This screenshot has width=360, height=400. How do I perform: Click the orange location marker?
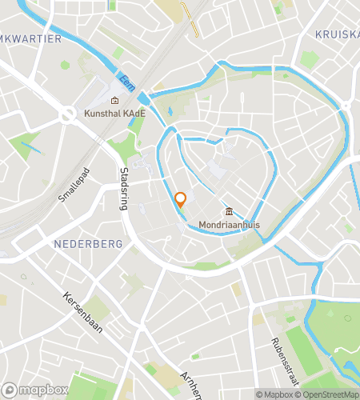(181, 200)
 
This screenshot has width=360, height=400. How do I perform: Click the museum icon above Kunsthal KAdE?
(115, 101)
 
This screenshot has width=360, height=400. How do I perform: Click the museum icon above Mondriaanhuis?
(230, 212)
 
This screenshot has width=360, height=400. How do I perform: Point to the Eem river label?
(124, 81)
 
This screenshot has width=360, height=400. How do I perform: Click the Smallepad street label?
(71, 185)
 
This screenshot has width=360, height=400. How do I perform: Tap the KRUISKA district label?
(337, 34)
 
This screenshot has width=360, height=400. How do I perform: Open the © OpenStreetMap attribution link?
(328, 394)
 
